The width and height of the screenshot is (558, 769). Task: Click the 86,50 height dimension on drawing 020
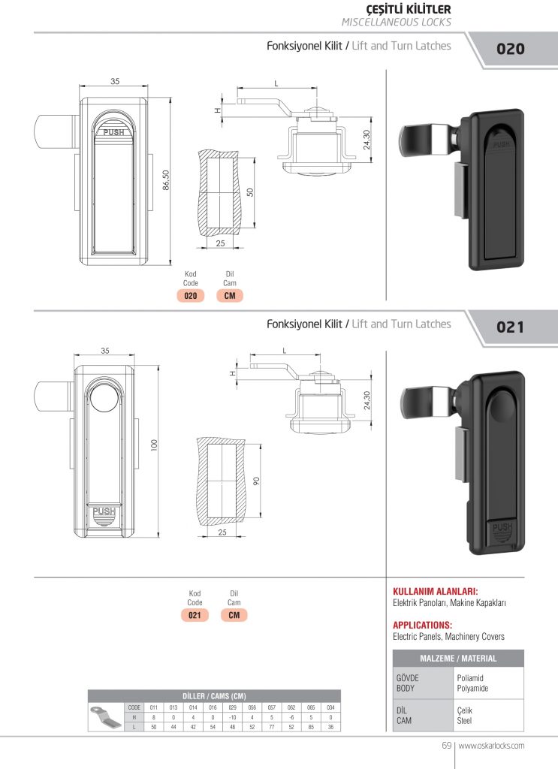165,179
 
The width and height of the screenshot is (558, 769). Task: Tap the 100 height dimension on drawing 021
152,445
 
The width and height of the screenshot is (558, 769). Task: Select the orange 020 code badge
191,296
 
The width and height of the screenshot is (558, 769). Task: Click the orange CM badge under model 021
234,615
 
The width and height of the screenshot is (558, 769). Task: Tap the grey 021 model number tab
511,327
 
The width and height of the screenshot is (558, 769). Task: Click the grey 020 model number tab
511,50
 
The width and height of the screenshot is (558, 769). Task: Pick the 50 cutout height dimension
251,191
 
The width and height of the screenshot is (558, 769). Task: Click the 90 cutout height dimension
256,481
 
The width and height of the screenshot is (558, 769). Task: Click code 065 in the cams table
311,707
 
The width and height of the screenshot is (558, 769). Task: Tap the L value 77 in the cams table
272,727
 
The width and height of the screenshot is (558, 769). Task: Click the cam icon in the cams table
104,717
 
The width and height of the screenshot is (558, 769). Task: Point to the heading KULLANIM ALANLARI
436,591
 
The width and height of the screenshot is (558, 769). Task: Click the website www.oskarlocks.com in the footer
491,746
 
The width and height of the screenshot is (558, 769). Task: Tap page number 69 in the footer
445,746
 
